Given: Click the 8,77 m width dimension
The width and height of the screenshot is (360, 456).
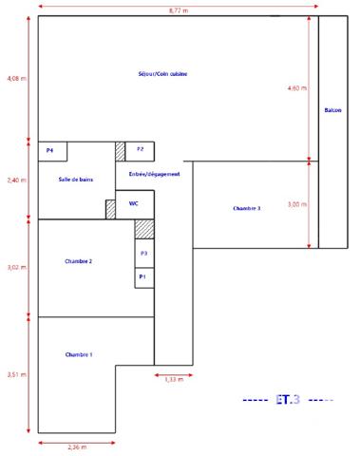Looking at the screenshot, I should click(179, 9).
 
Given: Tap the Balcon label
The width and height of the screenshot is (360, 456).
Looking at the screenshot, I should click(332, 110).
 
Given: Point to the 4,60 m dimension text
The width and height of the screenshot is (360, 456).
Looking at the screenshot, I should click(297, 88).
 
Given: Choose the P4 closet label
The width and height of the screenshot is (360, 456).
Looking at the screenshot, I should click(49, 150).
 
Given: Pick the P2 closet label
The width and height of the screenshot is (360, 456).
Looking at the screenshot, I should click(140, 149).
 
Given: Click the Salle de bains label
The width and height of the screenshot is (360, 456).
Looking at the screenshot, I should click(75, 179).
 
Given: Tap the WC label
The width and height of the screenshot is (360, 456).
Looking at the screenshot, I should click(134, 203).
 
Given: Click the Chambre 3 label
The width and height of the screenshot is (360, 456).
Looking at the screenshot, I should click(246, 207).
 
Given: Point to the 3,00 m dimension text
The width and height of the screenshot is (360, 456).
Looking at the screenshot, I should click(297, 204).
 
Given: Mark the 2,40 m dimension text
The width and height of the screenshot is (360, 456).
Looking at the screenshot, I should click(16, 180).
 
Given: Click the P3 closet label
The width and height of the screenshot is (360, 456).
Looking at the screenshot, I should click(143, 254).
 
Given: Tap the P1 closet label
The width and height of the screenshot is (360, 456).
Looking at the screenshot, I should click(142, 276).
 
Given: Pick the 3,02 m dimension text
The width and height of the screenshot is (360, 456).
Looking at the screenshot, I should click(16, 268).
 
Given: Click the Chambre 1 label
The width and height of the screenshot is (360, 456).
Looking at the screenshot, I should click(78, 354).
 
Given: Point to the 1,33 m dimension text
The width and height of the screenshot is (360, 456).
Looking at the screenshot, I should click(173, 380).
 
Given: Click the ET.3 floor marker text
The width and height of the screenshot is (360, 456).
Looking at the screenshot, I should click(287, 400).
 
